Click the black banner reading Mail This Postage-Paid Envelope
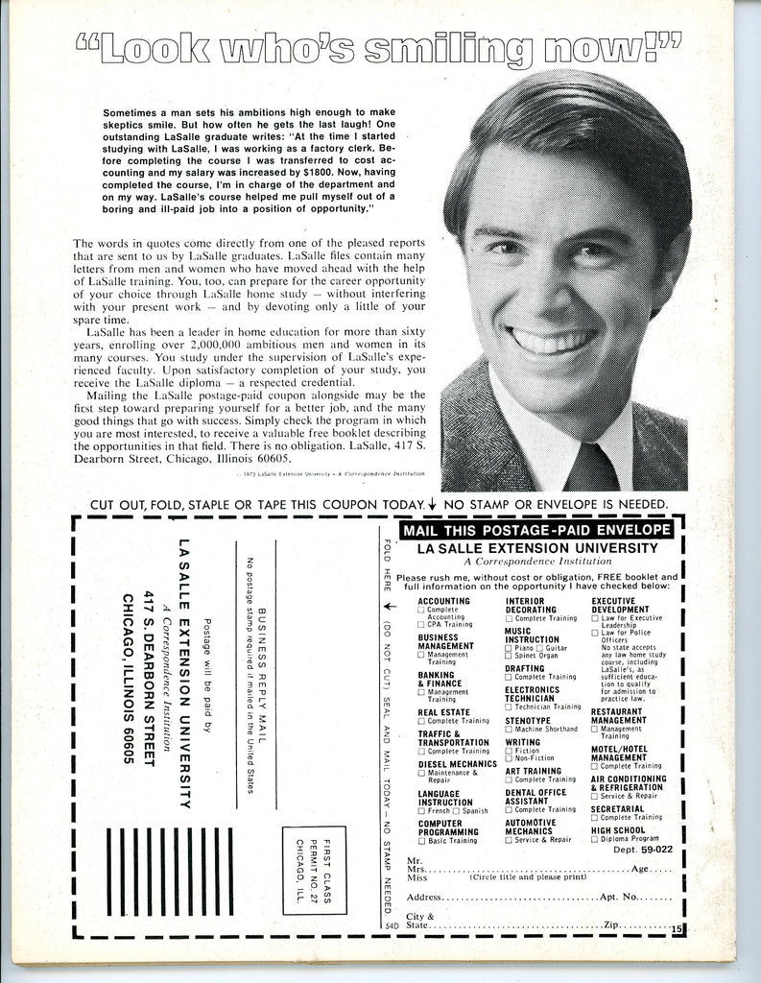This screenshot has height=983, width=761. tap(535, 529)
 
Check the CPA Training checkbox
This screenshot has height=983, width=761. tap(420, 625)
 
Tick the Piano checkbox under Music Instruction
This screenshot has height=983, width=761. tap(508, 649)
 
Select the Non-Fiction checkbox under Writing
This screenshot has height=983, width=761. tap(508, 756)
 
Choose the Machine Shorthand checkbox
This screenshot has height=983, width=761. tap(508, 729)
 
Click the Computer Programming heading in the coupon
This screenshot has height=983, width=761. tap(447, 827)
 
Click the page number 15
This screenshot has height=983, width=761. tap(677, 928)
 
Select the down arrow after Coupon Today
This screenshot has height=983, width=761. tap(433, 505)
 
